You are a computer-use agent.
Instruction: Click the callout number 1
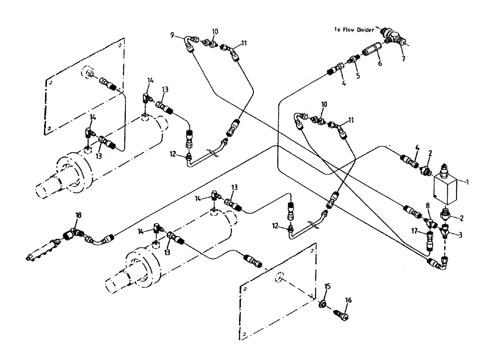tap(468, 182)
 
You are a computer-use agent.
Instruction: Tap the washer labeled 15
tap(324, 304)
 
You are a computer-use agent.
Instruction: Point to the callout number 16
tap(349, 300)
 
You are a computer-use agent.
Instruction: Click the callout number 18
tap(79, 216)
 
